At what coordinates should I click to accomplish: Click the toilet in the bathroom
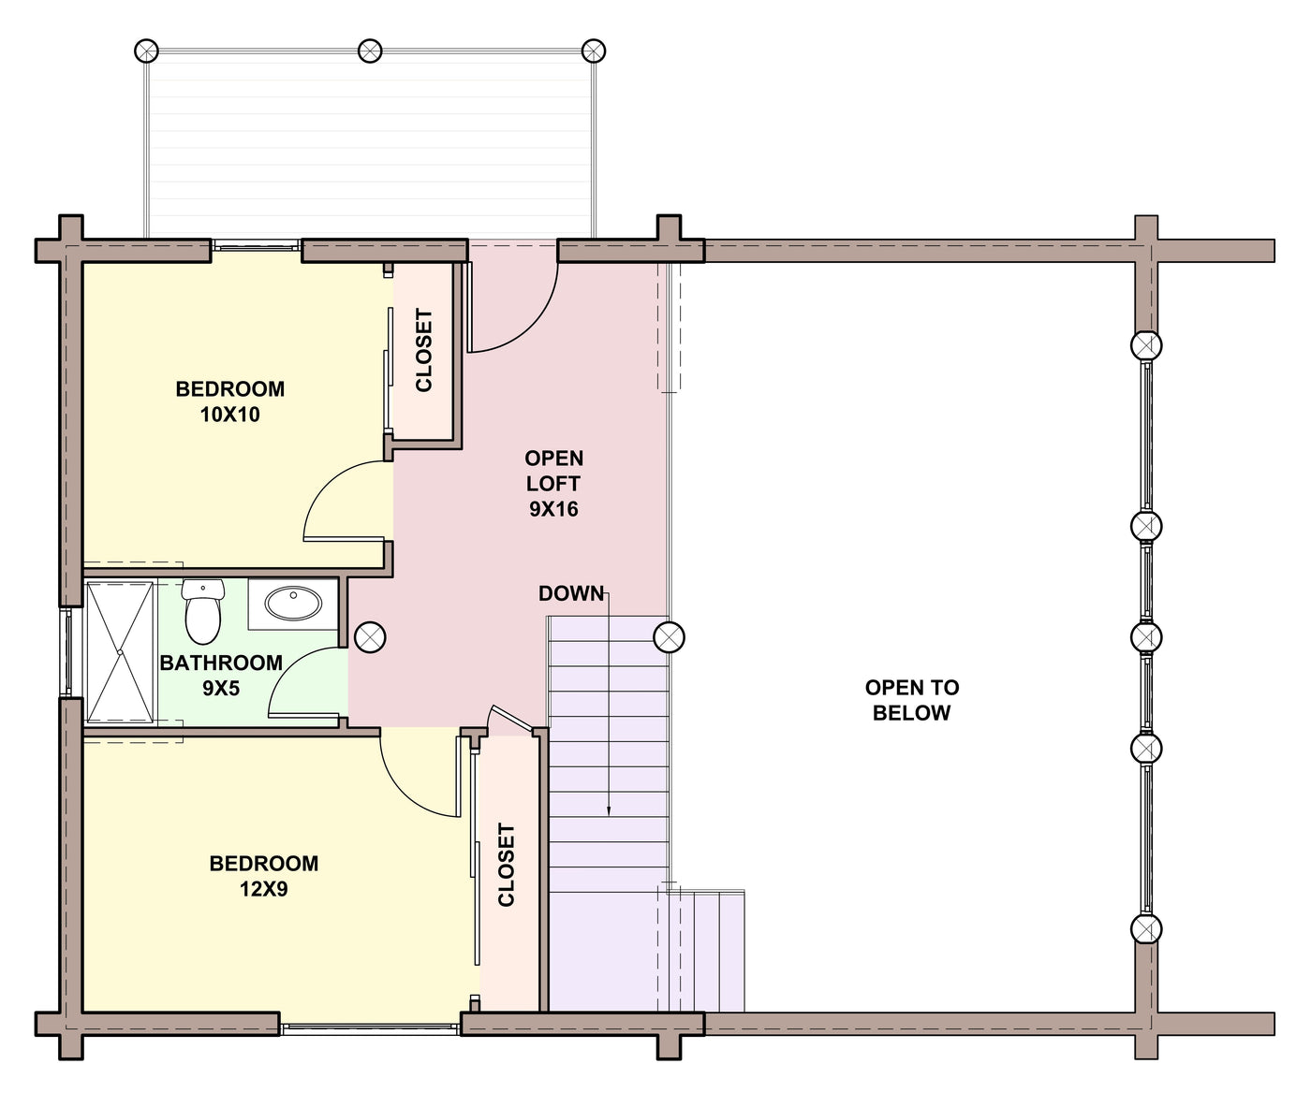(203, 611)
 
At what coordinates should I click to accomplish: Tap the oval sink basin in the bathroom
(293, 604)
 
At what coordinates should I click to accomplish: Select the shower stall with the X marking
(119, 652)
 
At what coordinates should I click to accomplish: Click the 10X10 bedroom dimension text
(229, 415)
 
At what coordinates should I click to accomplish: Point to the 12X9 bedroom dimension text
(264, 889)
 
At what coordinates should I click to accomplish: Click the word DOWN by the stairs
(570, 593)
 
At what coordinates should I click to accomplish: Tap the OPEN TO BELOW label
(912, 700)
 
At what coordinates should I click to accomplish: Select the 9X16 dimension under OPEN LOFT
(553, 509)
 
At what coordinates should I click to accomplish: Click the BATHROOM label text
(221, 663)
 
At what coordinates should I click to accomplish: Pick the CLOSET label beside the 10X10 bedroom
(424, 351)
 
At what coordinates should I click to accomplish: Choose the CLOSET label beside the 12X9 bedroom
(506, 866)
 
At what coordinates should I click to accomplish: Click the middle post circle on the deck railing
(370, 51)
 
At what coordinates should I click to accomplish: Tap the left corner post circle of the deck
(146, 51)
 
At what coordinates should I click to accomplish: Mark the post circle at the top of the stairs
(669, 637)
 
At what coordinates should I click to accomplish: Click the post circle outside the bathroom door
(371, 637)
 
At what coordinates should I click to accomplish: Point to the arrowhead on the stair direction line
(609, 810)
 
